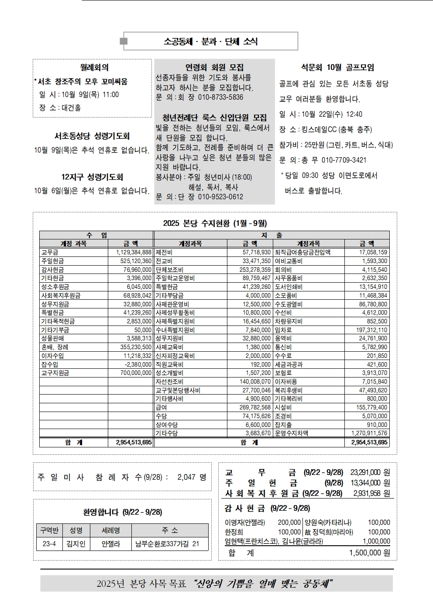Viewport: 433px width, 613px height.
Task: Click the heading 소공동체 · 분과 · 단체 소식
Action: (210, 42)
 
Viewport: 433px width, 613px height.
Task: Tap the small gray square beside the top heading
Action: (124, 42)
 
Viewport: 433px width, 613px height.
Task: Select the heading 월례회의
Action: (94, 67)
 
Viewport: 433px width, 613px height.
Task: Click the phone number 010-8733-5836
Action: (220, 97)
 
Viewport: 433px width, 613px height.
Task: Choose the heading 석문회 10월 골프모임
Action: (337, 67)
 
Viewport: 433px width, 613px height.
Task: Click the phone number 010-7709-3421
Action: (344, 160)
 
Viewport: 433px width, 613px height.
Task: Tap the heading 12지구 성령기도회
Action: (92, 177)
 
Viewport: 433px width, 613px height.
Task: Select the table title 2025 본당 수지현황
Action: (215, 223)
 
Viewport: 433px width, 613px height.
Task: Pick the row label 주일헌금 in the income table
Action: (52, 261)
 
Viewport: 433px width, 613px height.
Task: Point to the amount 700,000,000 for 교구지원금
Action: (136, 373)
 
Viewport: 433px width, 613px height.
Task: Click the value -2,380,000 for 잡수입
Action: (138, 364)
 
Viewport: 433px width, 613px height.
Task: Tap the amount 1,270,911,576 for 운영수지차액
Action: (369, 433)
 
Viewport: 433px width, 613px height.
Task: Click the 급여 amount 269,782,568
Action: (256, 407)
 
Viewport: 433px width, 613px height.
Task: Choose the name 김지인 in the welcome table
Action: (76, 544)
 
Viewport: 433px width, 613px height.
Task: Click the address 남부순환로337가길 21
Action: (167, 544)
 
